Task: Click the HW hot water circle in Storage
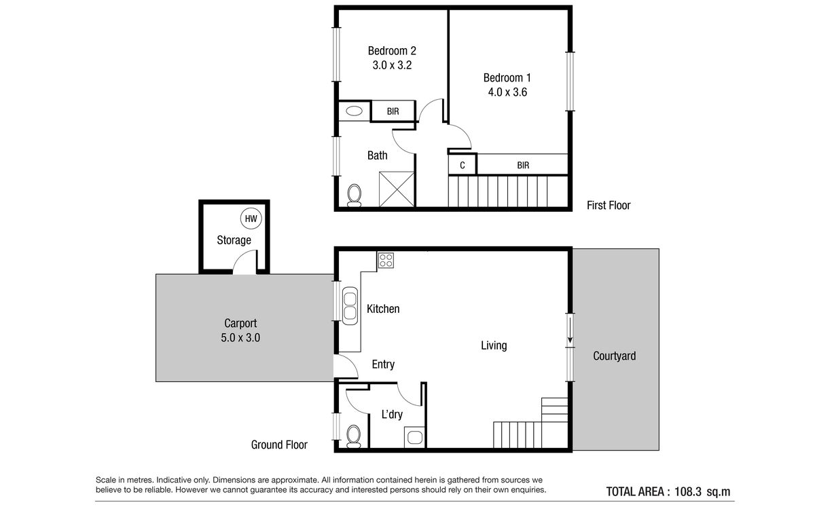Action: click(x=251, y=219)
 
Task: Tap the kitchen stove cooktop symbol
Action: click(x=386, y=261)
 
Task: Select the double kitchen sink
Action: click(x=350, y=306)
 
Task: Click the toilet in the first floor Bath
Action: click(x=354, y=195)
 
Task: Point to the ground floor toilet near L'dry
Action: click(x=354, y=436)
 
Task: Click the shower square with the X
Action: click(x=397, y=189)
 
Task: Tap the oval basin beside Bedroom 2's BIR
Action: click(x=354, y=111)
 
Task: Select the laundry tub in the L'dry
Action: click(x=415, y=437)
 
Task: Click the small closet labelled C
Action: click(x=463, y=165)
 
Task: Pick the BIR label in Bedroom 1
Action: click(x=523, y=166)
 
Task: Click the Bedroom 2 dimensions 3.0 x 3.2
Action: click(x=392, y=65)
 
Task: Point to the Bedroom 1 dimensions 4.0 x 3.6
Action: click(x=507, y=92)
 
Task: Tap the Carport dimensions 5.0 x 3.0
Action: click(x=240, y=338)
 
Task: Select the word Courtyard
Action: click(x=615, y=356)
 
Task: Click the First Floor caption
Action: click(x=609, y=206)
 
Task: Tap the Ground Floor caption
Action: click(x=279, y=445)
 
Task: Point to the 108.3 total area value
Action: click(x=687, y=492)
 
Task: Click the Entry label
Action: click(x=383, y=364)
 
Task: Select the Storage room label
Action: click(x=234, y=240)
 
